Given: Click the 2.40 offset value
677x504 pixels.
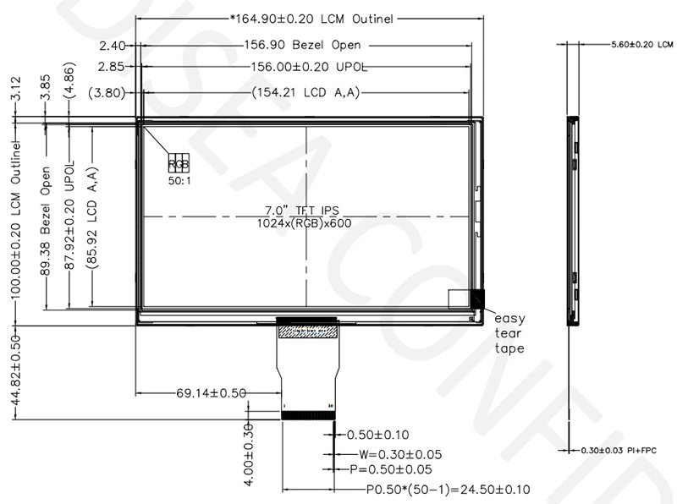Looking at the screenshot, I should [112, 45].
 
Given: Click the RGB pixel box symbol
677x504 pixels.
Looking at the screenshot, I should [179, 162].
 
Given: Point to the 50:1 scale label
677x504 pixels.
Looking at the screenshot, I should [179, 179].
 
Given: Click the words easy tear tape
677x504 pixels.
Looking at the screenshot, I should [509, 333].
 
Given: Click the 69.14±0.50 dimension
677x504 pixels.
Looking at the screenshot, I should [211, 393].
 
